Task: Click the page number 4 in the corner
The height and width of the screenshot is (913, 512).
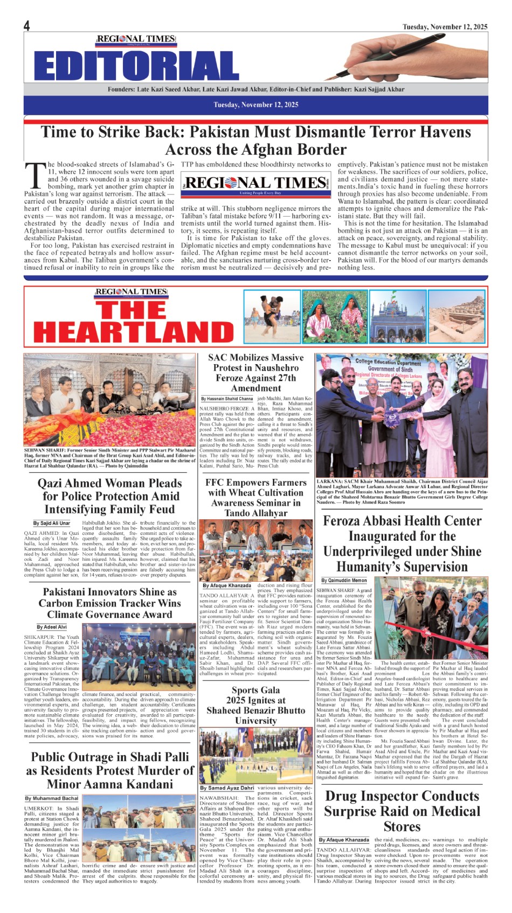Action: pyautogui.click(x=26, y=26)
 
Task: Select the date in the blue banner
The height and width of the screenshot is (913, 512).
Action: pyautogui.click(x=255, y=104)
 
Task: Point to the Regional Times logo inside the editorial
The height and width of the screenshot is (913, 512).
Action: pyautogui.click(x=255, y=184)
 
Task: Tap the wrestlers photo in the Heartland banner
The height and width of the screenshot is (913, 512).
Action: pyautogui.click(x=272, y=317)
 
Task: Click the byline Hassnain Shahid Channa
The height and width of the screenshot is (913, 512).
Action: pyautogui.click(x=227, y=399)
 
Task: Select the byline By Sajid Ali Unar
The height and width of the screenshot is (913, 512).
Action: pyautogui.click(x=51, y=523)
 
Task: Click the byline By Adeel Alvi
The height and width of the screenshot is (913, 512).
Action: pyautogui.click(x=52, y=627)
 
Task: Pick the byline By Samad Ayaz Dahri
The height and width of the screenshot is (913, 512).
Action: pyautogui.click(x=227, y=787)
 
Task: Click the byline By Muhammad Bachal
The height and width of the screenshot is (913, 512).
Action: pyautogui.click(x=52, y=798)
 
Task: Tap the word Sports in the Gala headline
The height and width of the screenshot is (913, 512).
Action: pyautogui.click(x=245, y=690)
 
